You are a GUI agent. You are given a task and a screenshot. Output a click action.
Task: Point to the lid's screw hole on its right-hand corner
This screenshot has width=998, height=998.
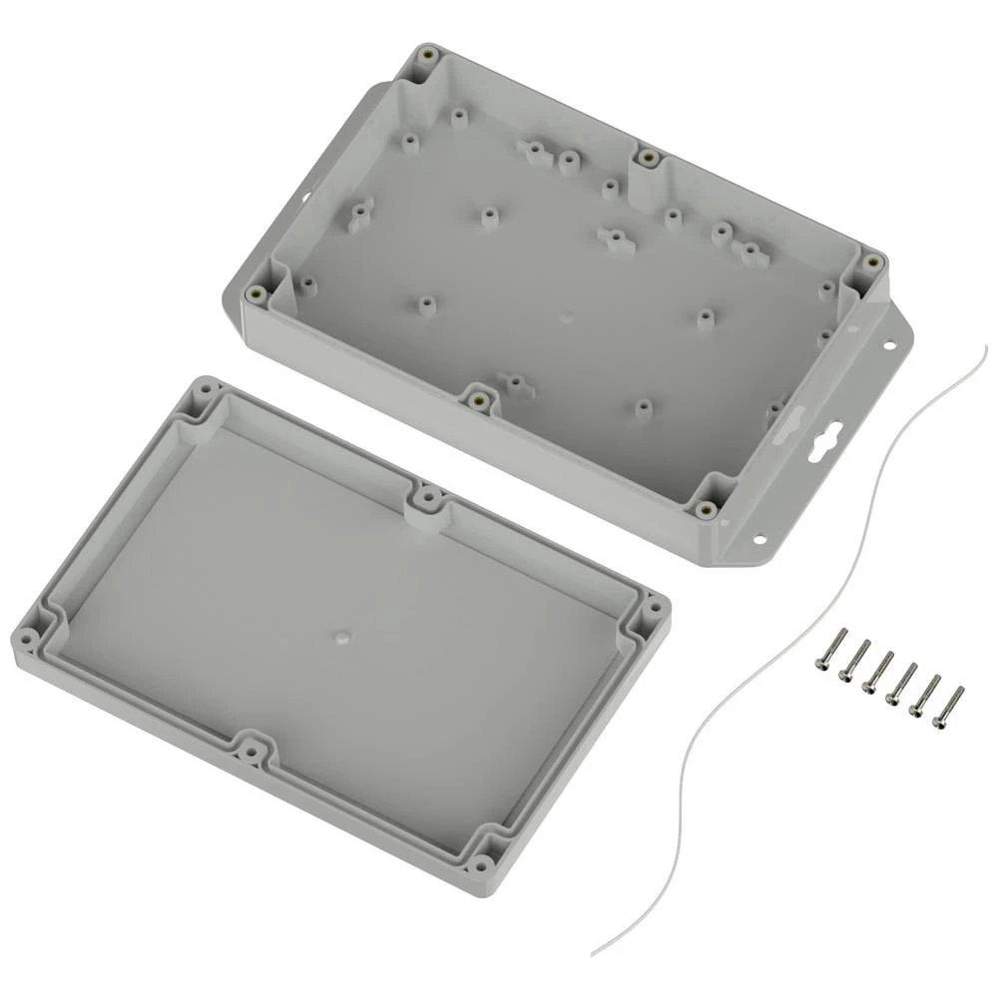tap(655, 605)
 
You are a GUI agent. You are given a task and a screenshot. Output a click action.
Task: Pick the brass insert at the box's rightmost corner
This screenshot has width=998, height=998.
tap(873, 262)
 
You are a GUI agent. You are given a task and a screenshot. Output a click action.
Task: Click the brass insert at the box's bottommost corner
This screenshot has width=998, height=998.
tap(708, 510)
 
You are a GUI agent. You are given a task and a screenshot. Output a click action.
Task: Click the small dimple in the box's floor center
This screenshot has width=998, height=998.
tap(566, 318)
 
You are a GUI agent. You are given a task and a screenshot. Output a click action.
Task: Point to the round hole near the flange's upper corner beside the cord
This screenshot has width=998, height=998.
tap(886, 346)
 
